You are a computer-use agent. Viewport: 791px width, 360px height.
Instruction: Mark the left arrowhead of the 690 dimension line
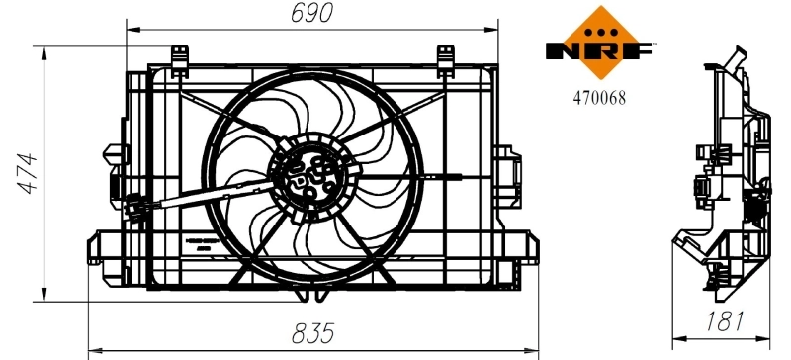click(131, 31)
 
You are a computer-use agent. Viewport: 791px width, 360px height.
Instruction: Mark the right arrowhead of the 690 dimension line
click(494, 31)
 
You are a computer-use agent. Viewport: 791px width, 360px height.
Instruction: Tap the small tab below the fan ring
click(314, 294)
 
